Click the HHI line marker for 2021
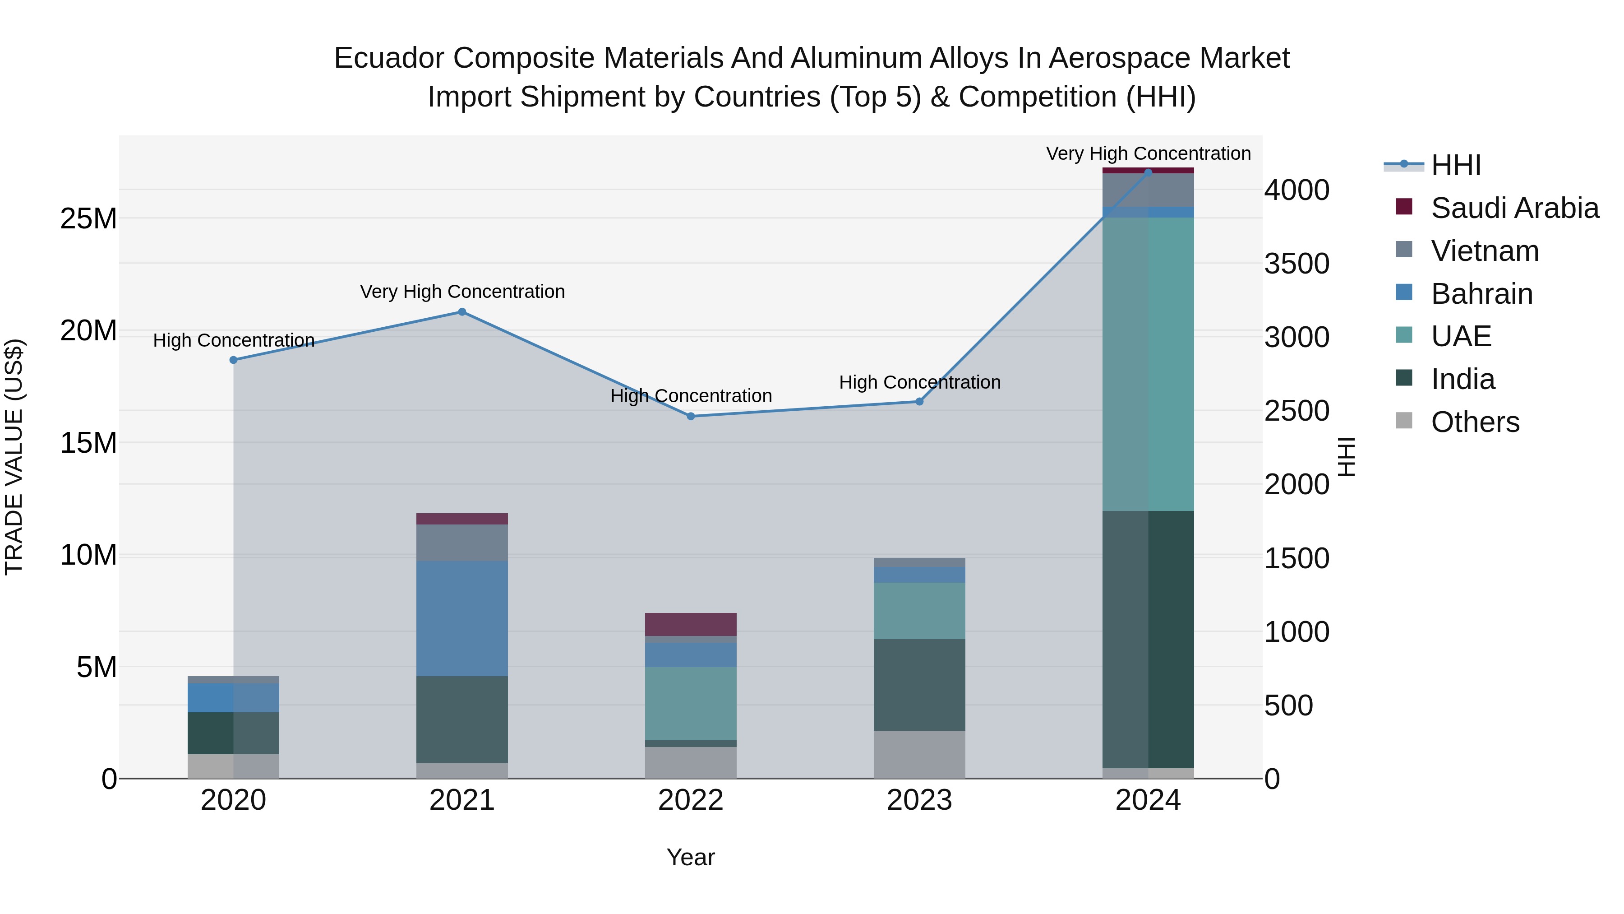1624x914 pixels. [462, 311]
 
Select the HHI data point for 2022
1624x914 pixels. [691, 416]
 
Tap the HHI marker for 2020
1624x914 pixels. [233, 360]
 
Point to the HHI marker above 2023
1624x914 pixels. [919, 402]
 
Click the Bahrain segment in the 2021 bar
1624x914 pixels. [462, 618]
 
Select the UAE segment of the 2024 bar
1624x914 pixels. [1148, 364]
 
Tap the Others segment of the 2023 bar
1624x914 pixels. [919, 754]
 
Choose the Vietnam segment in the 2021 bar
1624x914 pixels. [462, 543]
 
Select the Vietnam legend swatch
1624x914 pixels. [1404, 250]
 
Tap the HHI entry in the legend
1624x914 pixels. [1455, 165]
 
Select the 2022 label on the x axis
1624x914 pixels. [691, 800]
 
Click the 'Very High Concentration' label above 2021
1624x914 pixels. [462, 292]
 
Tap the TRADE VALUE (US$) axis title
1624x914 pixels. [14, 457]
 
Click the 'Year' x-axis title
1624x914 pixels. [691, 857]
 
